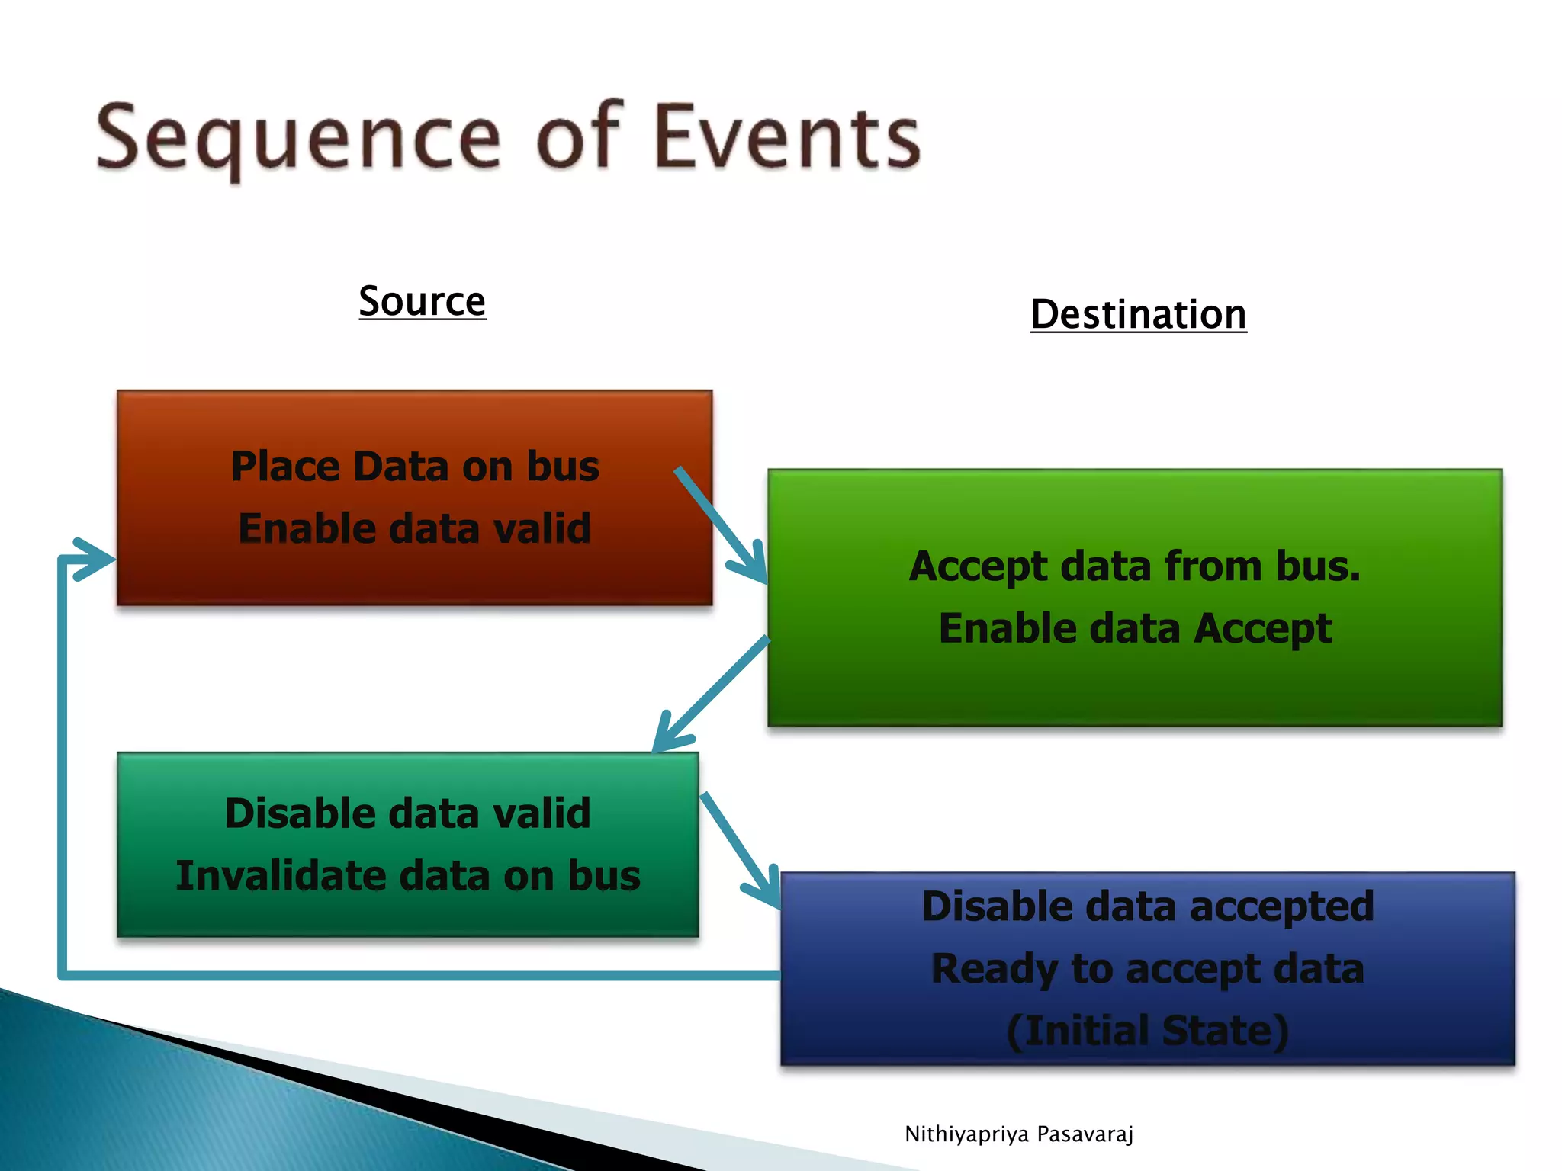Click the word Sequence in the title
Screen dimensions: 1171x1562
(x=297, y=139)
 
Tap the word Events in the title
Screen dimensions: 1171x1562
(x=787, y=137)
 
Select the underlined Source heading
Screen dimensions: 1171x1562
(x=422, y=301)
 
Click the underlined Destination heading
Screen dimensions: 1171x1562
(x=1138, y=315)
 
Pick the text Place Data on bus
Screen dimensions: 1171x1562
(x=415, y=467)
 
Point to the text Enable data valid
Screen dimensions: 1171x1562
(x=415, y=528)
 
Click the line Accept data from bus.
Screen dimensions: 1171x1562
(x=1134, y=566)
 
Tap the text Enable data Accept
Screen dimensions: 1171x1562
(x=1134, y=629)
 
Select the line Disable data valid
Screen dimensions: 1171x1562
(x=407, y=813)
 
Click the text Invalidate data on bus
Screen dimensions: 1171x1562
(x=407, y=875)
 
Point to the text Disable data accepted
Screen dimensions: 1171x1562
(x=1147, y=906)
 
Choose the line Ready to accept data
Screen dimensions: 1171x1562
(x=1147, y=969)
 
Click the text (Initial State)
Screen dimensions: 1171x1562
(x=1147, y=1031)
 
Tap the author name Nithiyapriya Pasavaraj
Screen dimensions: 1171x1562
(x=1018, y=1134)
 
